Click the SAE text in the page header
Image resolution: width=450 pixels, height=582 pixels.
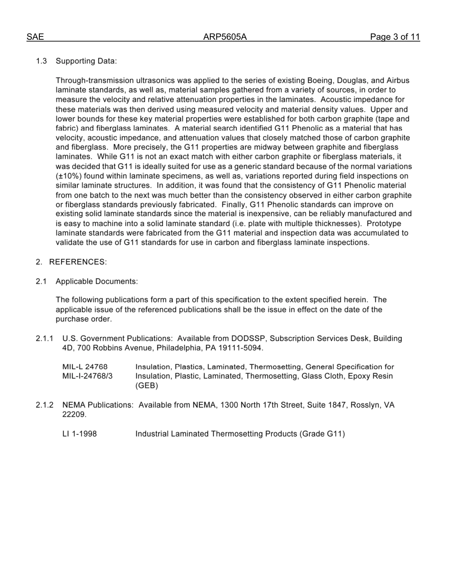pyautogui.click(x=35, y=37)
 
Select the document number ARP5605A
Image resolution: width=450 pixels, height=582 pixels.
pyautogui.click(x=225, y=37)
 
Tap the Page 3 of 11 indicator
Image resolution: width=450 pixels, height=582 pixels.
pyautogui.click(x=395, y=37)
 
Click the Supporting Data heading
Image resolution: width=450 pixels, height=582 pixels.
pyautogui.click(x=86, y=61)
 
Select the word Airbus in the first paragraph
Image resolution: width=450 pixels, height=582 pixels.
pyautogui.click(x=397, y=80)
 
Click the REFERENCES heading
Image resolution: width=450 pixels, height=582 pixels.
pyautogui.click(x=78, y=262)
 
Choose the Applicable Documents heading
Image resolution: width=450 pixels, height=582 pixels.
pyautogui.click(x=97, y=282)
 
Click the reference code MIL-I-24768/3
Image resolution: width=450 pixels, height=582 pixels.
pyautogui.click(x=88, y=376)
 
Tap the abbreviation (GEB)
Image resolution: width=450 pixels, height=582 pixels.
pyautogui.click(x=147, y=386)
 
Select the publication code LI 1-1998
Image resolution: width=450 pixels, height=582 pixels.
pyautogui.click(x=80, y=434)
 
